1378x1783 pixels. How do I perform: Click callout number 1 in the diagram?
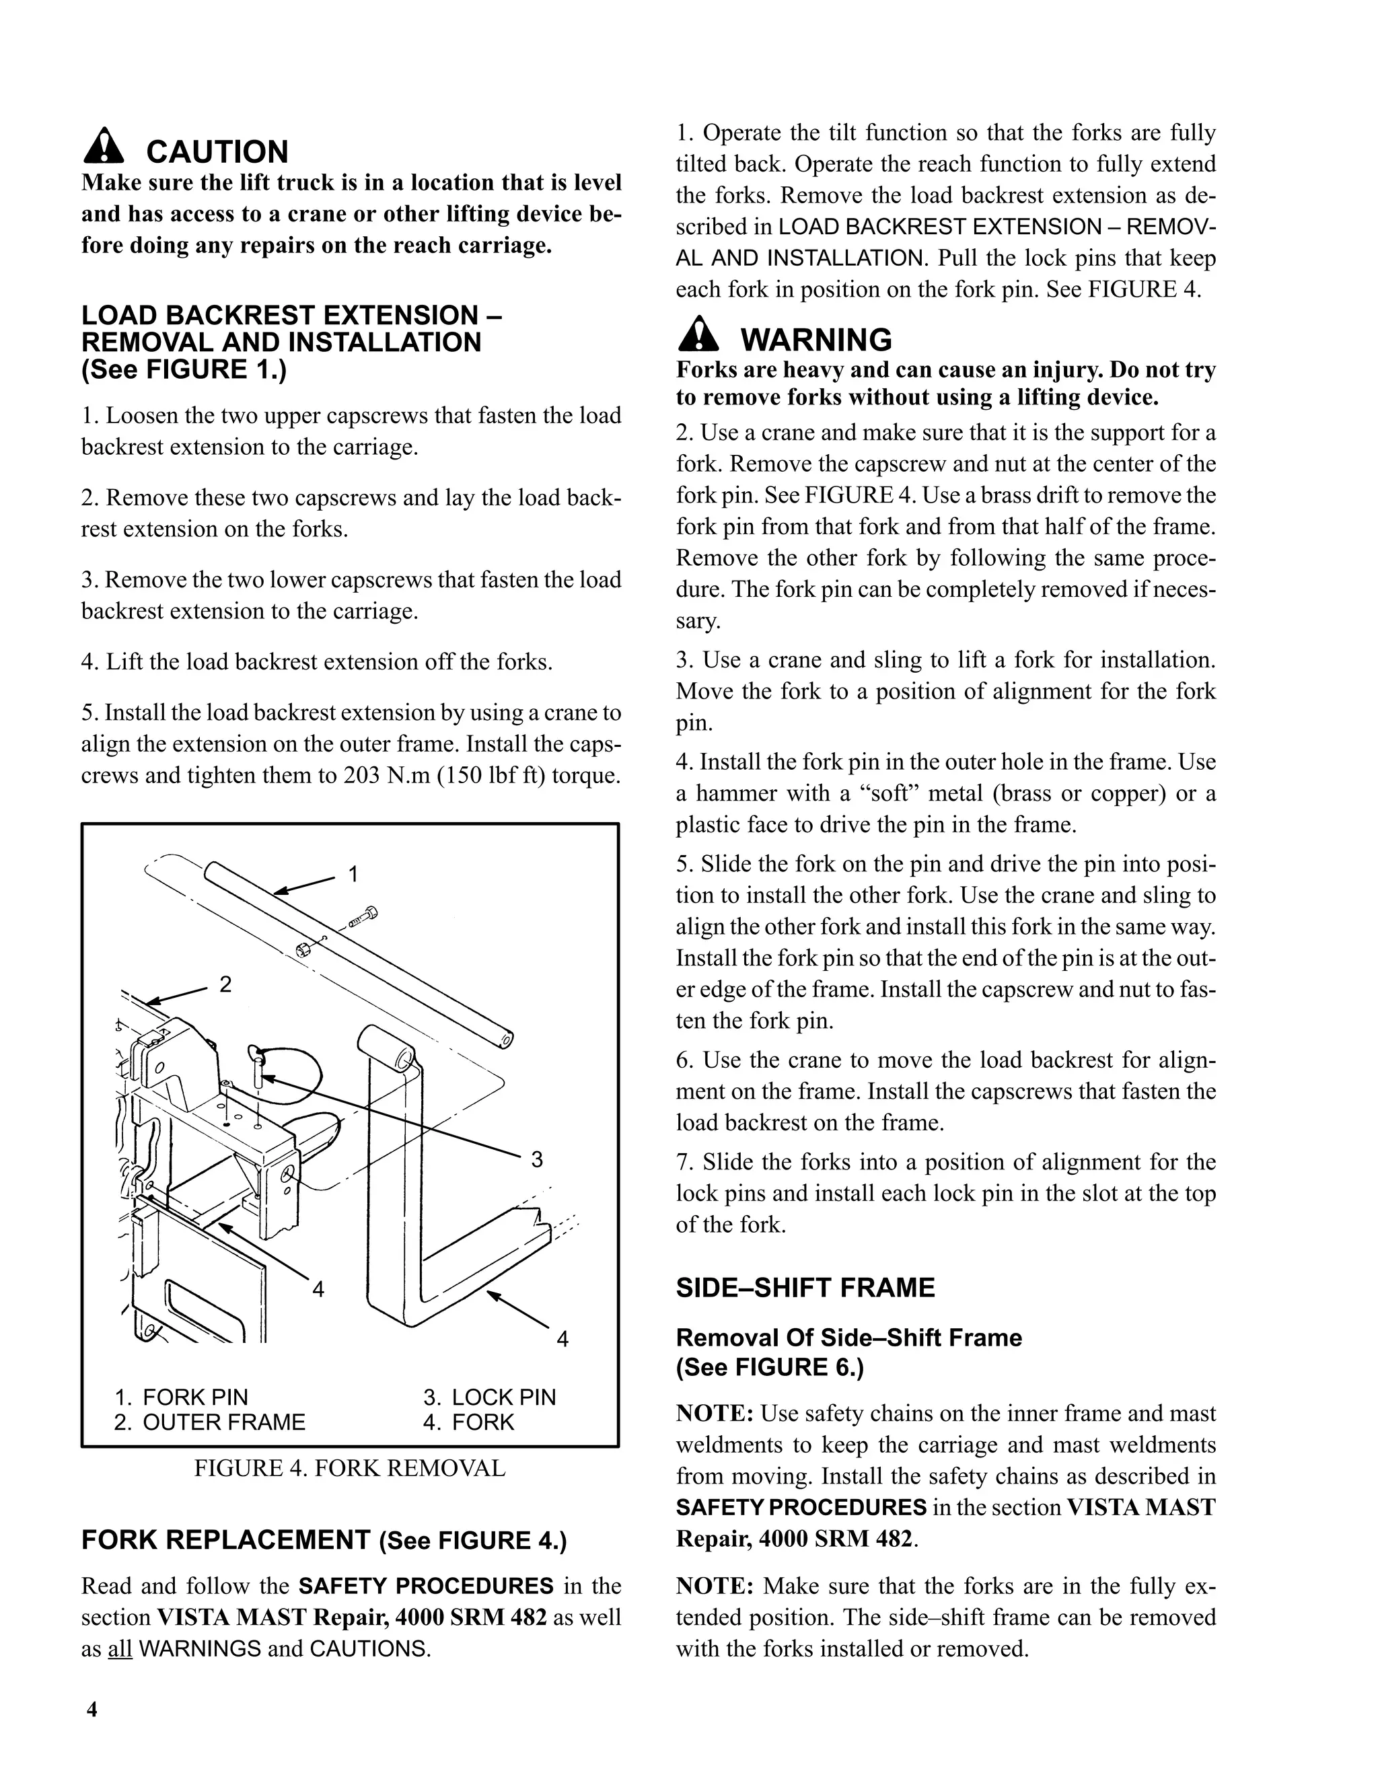click(x=353, y=875)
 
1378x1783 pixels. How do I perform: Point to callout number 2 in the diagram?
click(x=226, y=984)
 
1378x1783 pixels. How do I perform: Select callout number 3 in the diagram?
click(x=536, y=1159)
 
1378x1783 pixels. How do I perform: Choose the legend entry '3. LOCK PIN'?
click(x=489, y=1397)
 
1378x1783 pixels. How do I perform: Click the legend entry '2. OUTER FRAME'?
click(x=210, y=1423)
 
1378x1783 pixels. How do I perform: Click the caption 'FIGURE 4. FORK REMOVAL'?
click(x=349, y=1469)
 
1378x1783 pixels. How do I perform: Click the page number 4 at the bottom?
click(x=92, y=1710)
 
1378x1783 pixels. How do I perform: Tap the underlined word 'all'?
click(x=119, y=1649)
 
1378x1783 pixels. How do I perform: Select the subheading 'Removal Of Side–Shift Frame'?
click(x=849, y=1338)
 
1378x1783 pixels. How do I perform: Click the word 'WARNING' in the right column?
click(x=816, y=340)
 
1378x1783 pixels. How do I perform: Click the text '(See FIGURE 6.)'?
click(x=769, y=1367)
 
